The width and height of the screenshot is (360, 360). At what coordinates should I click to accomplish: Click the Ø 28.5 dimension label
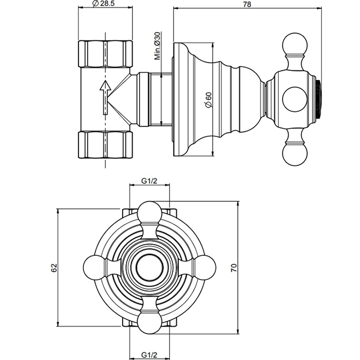pyautogui.click(x=105, y=4)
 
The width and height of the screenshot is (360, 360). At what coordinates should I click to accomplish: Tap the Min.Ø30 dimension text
pyautogui.click(x=157, y=46)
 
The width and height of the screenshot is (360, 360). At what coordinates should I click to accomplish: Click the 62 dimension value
pyautogui.click(x=53, y=267)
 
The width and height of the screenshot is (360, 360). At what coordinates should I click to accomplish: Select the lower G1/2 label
pyautogui.click(x=149, y=356)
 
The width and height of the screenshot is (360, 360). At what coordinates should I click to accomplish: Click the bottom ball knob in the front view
pyautogui.click(x=149, y=323)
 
